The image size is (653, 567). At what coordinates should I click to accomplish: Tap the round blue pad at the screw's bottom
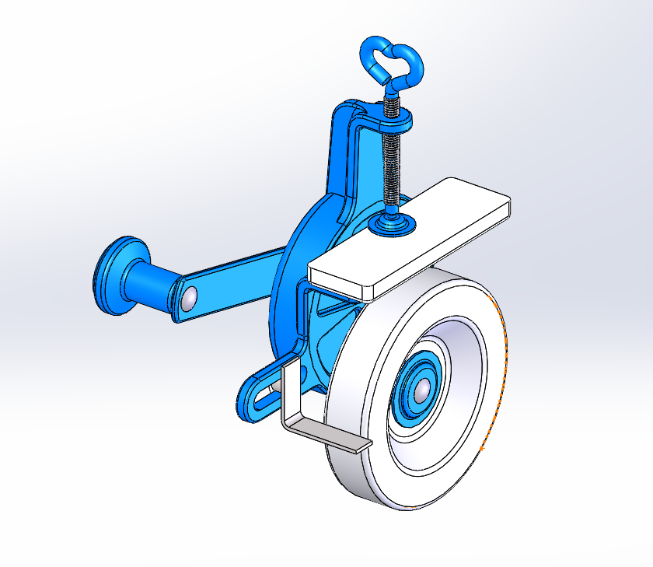[x=395, y=225]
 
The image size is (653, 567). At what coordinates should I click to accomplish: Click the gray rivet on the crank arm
[x=190, y=296]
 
